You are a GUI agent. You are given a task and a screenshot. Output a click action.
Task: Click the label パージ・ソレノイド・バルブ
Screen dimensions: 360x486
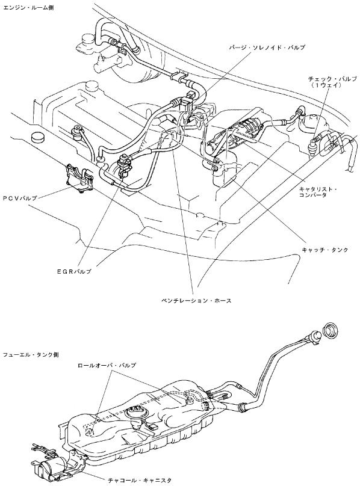point(267,48)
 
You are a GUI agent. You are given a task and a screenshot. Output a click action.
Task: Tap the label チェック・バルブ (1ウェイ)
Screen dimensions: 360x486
point(332,82)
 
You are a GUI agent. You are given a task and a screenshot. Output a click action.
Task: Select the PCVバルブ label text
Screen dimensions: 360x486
point(20,198)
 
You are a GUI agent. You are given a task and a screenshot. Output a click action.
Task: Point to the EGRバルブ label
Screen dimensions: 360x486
point(74,271)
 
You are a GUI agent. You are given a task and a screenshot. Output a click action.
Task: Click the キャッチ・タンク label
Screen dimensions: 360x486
point(325,250)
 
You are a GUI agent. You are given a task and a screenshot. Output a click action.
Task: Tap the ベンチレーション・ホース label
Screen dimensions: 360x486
point(196,300)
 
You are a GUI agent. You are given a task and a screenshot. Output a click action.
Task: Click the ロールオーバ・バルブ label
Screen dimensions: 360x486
point(107,365)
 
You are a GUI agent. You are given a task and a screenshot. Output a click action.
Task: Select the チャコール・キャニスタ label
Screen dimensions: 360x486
point(139,481)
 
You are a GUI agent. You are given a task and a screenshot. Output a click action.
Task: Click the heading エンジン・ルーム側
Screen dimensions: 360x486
point(28,8)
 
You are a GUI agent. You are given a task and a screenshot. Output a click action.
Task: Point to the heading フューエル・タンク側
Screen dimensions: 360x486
point(31,354)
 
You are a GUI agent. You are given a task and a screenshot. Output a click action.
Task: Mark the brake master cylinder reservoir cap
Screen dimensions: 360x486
point(88,39)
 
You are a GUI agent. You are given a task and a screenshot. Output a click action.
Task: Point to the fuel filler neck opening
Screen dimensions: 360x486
point(314,336)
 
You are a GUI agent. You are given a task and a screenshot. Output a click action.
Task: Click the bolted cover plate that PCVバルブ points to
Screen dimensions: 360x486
point(79,179)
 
